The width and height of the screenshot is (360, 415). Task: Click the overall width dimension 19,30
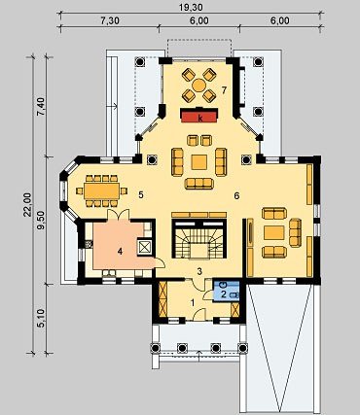point(191,7)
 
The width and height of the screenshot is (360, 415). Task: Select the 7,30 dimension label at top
point(110,20)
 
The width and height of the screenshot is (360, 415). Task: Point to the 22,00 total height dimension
point(27,204)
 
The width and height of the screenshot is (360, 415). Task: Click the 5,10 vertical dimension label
point(41,318)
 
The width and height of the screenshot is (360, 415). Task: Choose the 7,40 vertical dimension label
point(41,107)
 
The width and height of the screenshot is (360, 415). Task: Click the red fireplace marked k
point(198,116)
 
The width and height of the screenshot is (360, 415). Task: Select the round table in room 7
point(198,86)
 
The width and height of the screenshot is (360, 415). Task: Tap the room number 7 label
point(224,90)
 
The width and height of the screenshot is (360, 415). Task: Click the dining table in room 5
point(102,191)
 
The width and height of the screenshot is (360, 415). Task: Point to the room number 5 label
point(140,195)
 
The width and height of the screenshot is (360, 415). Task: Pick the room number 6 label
point(236,195)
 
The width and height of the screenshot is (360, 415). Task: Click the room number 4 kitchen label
point(120,251)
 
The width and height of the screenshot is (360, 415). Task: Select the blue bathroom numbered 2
point(227,292)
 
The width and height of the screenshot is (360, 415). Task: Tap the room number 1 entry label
point(193,303)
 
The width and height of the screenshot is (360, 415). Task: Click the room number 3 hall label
point(200,271)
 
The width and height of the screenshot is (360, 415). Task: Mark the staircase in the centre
point(198,239)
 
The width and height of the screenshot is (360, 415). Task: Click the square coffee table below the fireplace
point(198,162)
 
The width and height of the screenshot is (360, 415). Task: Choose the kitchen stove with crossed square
point(145,247)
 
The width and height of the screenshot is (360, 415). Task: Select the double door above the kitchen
point(119,215)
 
